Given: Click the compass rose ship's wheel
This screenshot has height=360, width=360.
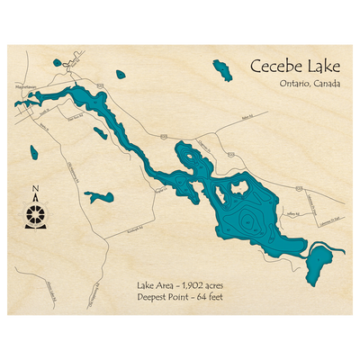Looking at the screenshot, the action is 35,216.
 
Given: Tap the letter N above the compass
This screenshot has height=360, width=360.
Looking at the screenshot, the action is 35,190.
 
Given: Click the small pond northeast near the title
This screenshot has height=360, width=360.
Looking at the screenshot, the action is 220,69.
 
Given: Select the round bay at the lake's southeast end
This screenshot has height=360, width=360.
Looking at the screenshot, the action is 319,262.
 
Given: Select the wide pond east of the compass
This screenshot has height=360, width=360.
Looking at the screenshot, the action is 99,196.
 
